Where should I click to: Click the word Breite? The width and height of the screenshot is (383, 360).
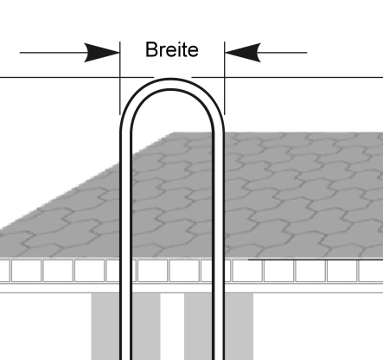pyautogui.click(x=172, y=50)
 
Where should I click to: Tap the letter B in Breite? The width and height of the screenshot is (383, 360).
pyautogui.click(x=151, y=50)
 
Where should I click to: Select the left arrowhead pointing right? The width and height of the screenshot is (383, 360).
pyautogui.click(x=102, y=53)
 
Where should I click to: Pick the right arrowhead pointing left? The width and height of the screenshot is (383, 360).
pyautogui.click(x=243, y=53)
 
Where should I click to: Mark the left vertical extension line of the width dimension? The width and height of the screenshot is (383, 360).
pyautogui.click(x=120, y=78)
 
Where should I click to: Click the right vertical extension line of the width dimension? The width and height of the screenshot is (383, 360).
pyautogui.click(x=225, y=78)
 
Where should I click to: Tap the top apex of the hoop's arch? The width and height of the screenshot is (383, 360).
pyautogui.click(x=172, y=79)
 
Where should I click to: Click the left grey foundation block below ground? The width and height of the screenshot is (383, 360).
pyautogui.click(x=126, y=326)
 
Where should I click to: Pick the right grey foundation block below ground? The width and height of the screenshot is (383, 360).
pyautogui.click(x=219, y=326)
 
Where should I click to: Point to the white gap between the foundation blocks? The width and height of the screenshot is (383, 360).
pyautogui.click(x=172, y=326)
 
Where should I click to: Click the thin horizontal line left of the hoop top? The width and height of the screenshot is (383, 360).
pyautogui.click(x=77, y=77)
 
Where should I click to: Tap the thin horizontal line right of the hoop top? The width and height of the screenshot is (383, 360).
pyautogui.click(x=287, y=77)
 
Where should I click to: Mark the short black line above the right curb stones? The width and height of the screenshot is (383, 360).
pyautogui.click(x=316, y=260)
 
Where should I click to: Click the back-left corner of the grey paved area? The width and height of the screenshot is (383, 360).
pyautogui.click(x=174, y=133)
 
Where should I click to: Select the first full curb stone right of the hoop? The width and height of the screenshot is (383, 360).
pyautogui.click(x=247, y=271)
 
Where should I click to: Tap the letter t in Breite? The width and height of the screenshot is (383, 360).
pyautogui.click(x=185, y=50)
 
